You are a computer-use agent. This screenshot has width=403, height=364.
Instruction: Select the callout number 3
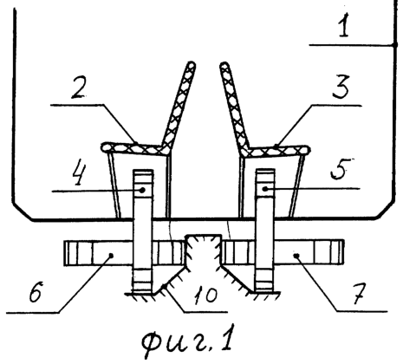341,87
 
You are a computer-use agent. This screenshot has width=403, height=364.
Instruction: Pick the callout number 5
340,169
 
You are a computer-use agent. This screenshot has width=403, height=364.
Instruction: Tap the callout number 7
360,294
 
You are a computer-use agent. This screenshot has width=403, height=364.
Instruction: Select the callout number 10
205,296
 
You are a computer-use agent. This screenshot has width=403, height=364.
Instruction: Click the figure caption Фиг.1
187,341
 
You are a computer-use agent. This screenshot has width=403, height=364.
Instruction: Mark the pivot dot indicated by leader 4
142,190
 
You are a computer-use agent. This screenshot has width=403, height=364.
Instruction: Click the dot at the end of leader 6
111,255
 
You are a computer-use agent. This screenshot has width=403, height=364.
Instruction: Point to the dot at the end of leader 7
296,255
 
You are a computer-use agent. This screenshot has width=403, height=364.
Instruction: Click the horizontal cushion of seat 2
133,148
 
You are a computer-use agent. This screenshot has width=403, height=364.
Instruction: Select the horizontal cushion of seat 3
276,150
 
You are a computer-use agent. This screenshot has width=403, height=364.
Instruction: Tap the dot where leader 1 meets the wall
394,45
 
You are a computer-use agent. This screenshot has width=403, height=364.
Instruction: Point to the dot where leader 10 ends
164,286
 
